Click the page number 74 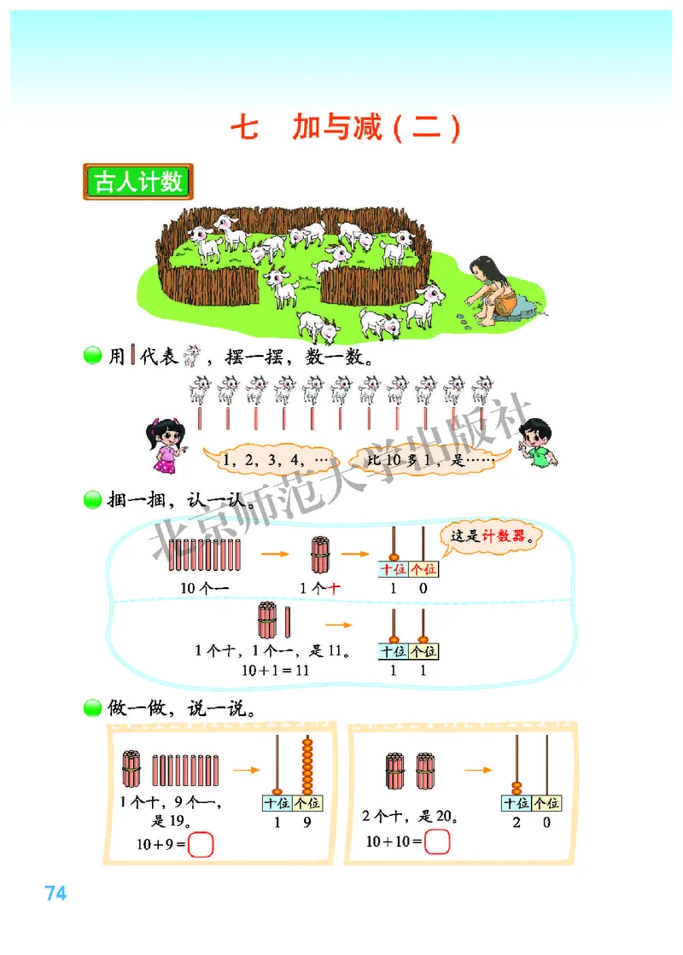55,894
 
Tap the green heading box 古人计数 138,182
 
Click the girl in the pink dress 165,445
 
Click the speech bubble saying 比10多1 426,460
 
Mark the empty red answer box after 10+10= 436,841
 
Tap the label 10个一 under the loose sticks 204,588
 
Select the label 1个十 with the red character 321,588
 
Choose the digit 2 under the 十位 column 516,823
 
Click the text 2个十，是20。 411,817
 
